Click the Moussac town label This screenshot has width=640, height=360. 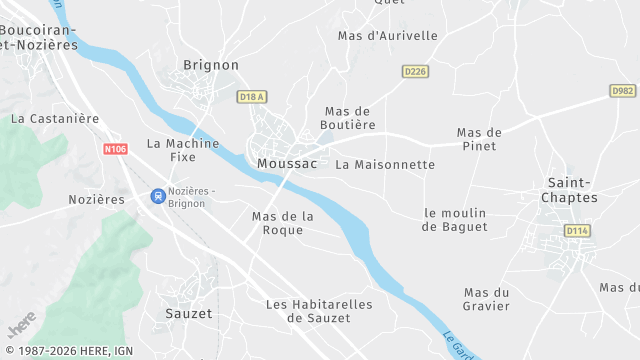coord(287,163)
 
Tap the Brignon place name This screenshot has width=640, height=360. coord(211,65)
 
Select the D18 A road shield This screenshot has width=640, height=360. coord(253,96)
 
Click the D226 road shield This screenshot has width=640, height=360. coord(415,71)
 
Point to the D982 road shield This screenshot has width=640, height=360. coord(622,90)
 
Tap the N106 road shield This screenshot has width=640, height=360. coord(116,149)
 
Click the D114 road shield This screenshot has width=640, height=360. coord(576,231)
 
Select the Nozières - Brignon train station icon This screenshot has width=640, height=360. coord(158,196)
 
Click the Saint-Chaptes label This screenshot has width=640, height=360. coord(572,190)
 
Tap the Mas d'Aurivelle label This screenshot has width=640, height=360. coord(388,36)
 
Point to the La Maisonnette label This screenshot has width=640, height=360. coord(385,164)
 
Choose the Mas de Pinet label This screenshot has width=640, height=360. coord(479,139)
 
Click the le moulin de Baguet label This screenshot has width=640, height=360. coord(455,219)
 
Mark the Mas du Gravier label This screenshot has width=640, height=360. coord(487,299)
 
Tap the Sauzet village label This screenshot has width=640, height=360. coord(189,313)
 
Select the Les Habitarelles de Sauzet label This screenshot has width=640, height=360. coord(319,311)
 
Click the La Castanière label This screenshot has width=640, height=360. coord(55,118)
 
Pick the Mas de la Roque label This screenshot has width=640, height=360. coord(283,223)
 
